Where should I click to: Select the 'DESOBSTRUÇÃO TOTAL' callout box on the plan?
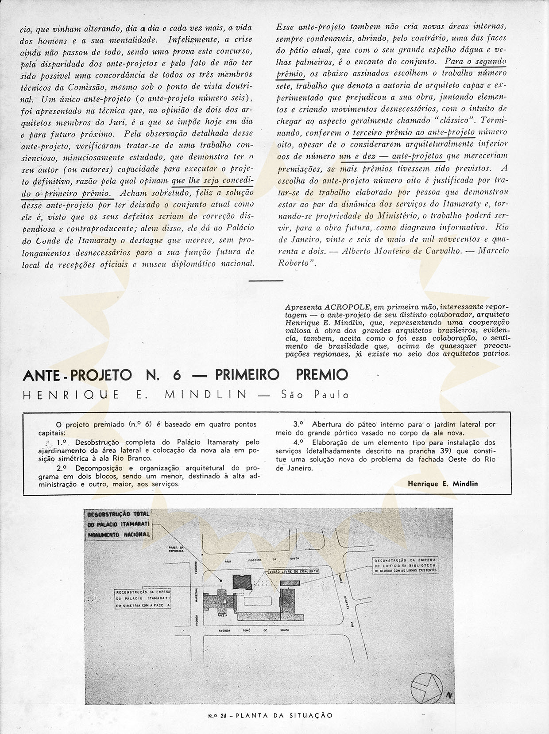pyautogui.click(x=118, y=524)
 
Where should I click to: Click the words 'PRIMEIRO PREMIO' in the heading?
pyautogui.click(x=282, y=375)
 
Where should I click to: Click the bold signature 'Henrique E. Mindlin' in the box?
pyautogui.click(x=443, y=484)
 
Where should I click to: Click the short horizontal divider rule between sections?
pyautogui.click(x=266, y=280)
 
